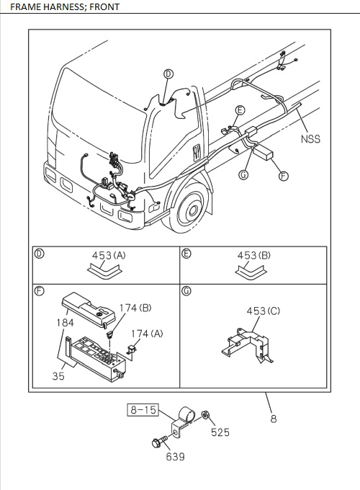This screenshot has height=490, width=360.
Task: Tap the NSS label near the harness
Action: point(310,139)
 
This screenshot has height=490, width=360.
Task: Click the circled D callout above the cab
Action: point(168,73)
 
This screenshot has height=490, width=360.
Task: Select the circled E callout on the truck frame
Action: point(240,110)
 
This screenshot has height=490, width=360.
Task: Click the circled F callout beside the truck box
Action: point(283,175)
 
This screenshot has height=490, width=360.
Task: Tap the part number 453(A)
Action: point(109,255)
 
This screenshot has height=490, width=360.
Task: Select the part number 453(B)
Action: point(254,255)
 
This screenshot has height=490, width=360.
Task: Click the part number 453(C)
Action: point(263,311)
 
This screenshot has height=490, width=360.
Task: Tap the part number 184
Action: point(66,323)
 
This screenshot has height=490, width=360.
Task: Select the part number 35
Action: point(58,375)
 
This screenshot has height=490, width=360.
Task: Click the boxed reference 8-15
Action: point(142,410)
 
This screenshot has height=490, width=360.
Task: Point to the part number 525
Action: point(220,432)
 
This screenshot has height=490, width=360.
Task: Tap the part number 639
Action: point(176,455)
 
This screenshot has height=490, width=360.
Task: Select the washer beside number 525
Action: point(205,415)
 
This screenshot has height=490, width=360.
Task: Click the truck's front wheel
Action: point(192,210)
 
